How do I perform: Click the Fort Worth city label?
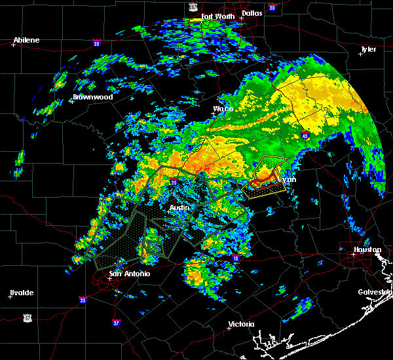pyautogui.click(x=216, y=16)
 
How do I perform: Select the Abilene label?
pyautogui.click(x=26, y=40)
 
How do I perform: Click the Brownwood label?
pyautogui.click(x=93, y=97)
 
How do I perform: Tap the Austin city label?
pyautogui.click(x=179, y=208)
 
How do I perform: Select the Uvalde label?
pyautogui.click(x=22, y=293)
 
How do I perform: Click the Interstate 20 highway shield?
pyautogui.click(x=96, y=44)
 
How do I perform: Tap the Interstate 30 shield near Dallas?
pyautogui.click(x=272, y=8)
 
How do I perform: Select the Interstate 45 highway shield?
pyautogui.click(x=305, y=135)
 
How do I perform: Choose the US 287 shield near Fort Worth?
pyautogui.click(x=193, y=6)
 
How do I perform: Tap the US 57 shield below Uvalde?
pyautogui.click(x=27, y=317)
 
